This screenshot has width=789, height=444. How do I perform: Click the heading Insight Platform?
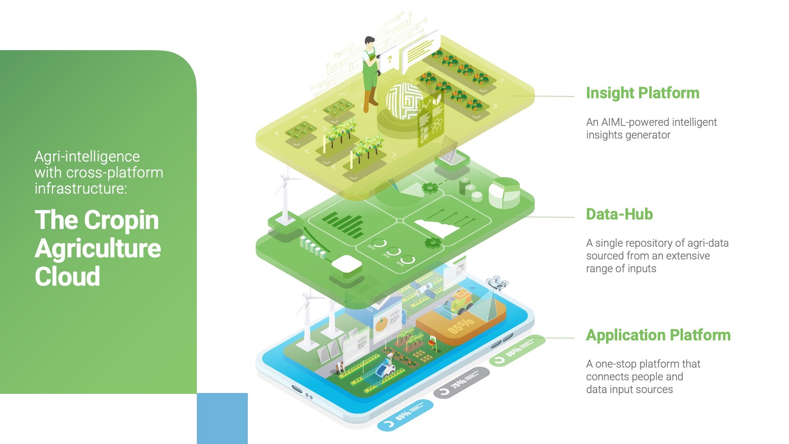642,93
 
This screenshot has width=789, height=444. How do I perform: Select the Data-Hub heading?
619,214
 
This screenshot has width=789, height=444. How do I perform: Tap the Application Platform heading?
658,335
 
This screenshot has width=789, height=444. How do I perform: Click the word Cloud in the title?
67,276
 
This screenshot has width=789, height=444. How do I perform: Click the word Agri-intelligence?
87,157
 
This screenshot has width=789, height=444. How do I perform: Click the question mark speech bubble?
389,61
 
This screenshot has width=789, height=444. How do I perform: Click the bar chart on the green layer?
343,224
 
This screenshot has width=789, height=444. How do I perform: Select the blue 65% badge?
405,415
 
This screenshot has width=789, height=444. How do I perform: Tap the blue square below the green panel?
222,418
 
